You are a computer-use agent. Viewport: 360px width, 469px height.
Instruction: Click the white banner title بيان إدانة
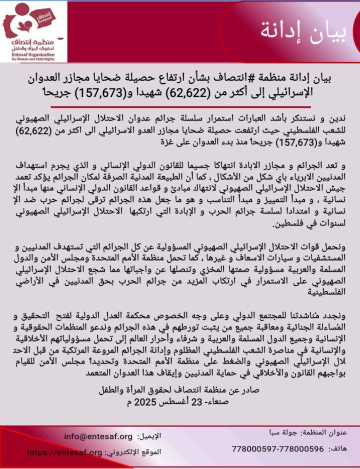(x=302, y=31)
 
